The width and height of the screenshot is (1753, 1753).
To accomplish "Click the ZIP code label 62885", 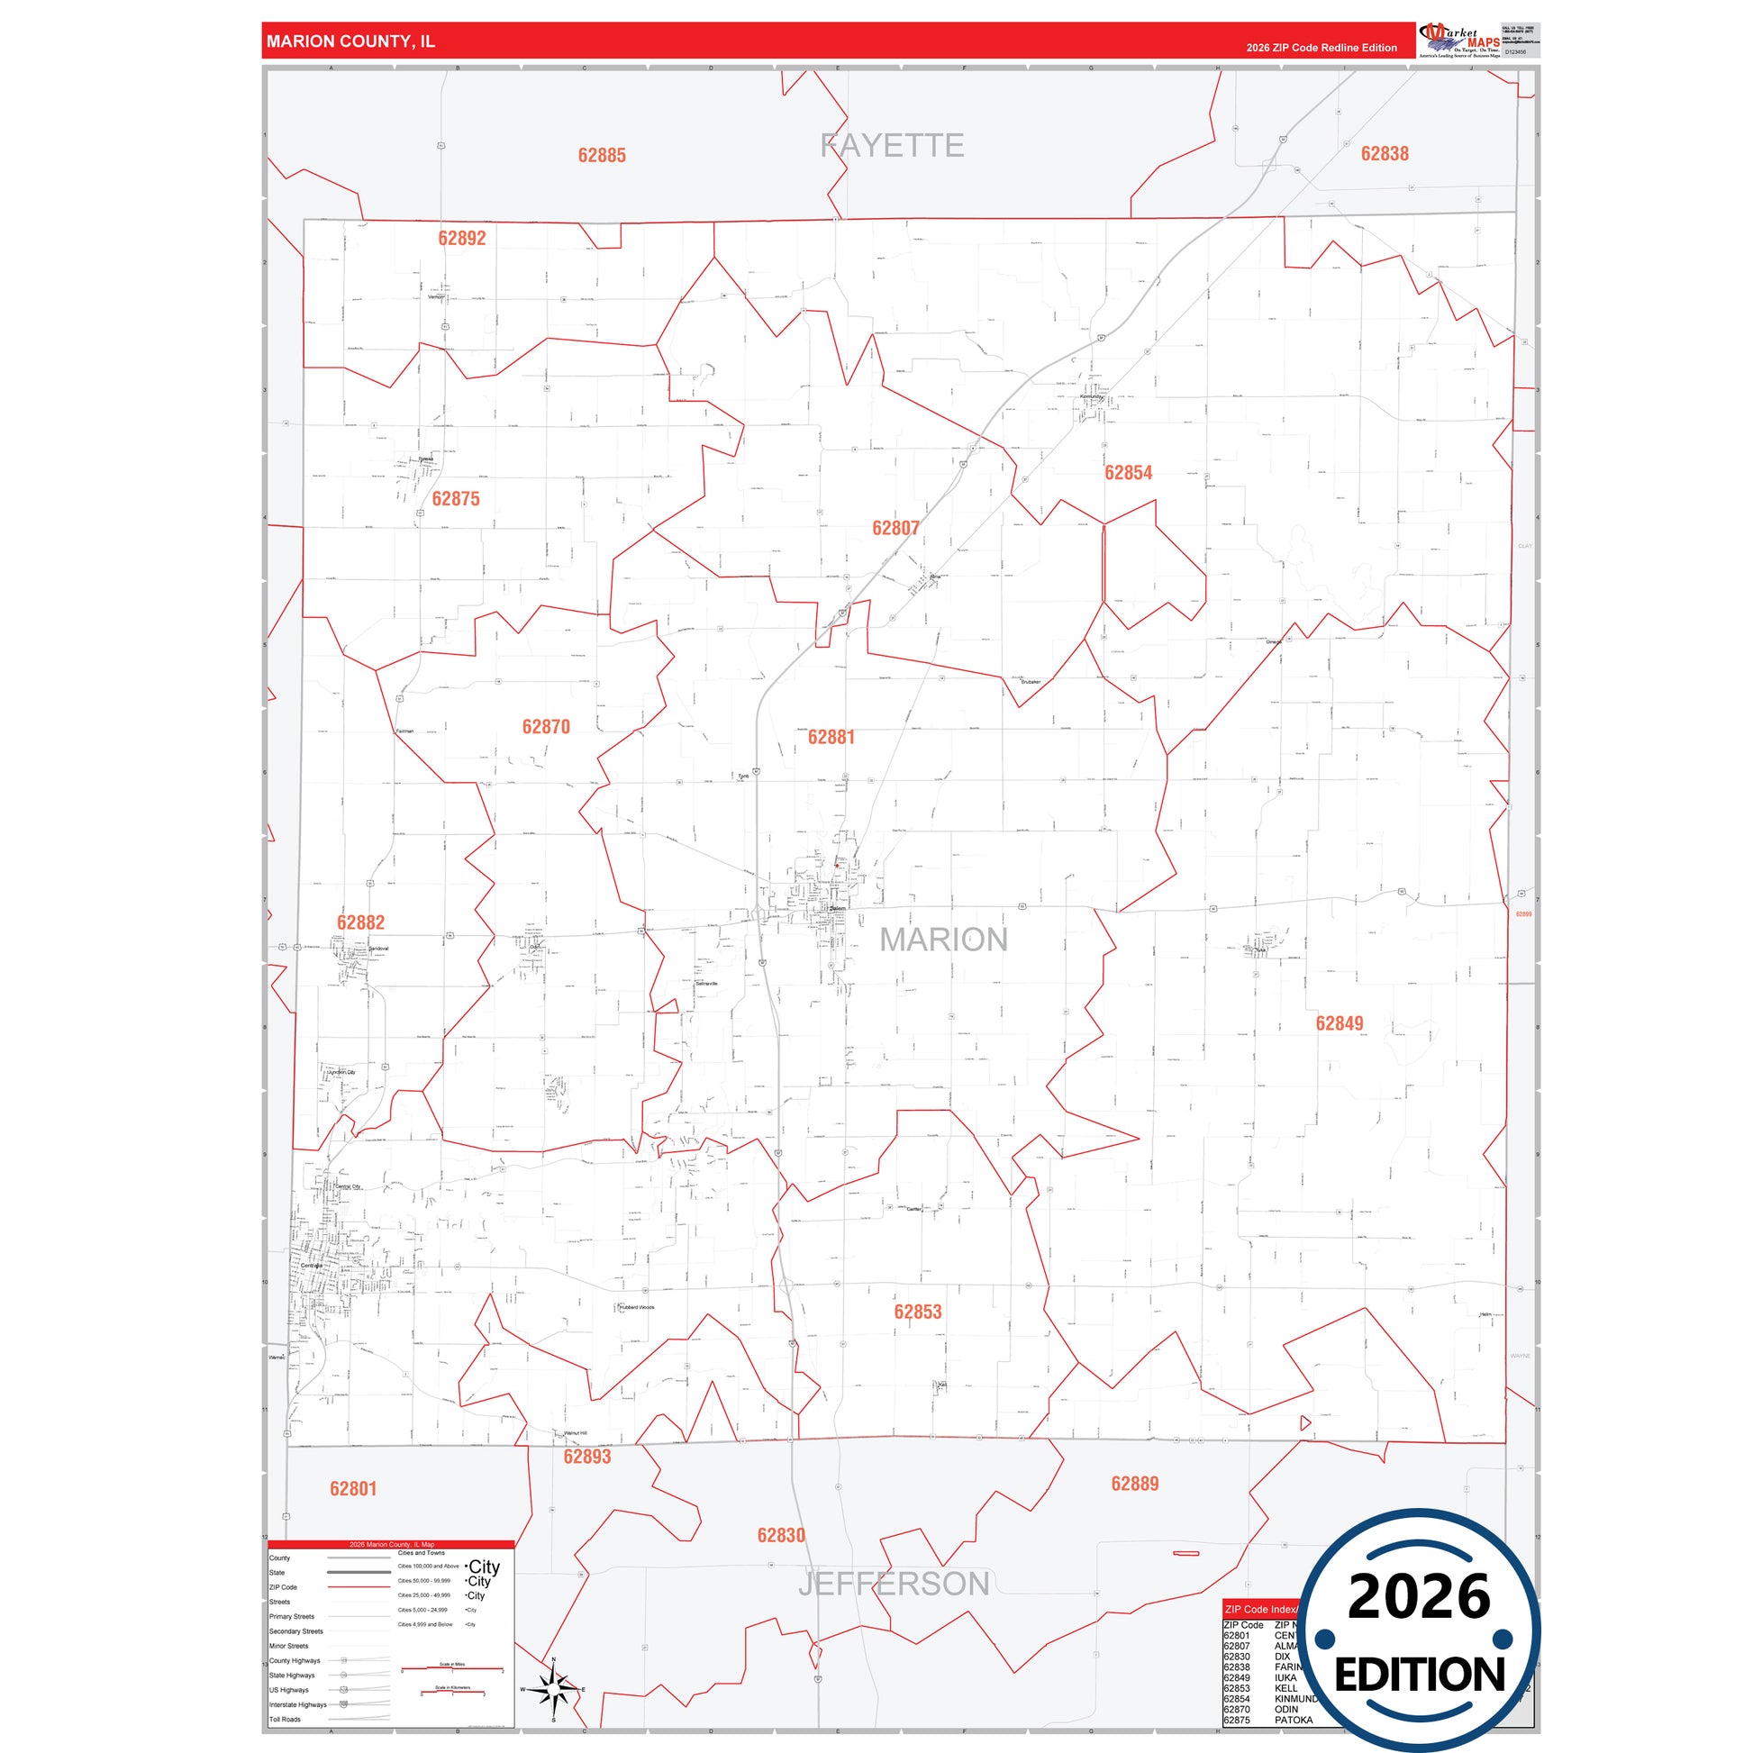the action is click(602, 155).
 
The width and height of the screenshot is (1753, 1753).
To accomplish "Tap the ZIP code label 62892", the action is click(462, 239).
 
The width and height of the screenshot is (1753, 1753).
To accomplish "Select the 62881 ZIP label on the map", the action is click(831, 737).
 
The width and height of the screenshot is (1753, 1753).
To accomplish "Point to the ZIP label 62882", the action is click(360, 922).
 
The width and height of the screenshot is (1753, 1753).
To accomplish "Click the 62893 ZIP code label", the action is click(587, 1457).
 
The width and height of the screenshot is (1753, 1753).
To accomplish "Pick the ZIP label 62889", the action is click(1134, 1484).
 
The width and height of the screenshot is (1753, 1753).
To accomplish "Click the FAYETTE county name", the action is click(892, 145).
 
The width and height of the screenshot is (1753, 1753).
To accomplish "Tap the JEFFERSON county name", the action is click(894, 1584).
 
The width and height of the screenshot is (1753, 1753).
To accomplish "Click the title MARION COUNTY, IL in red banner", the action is click(350, 41).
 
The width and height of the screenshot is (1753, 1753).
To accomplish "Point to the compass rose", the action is click(553, 1689).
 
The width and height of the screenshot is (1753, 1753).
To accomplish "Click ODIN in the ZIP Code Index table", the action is click(1286, 1710).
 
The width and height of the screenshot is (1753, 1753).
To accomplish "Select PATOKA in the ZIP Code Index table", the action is click(1293, 1721).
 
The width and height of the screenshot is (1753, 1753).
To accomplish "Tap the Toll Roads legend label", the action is click(285, 1720).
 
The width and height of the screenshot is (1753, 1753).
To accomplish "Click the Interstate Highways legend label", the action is click(297, 1705).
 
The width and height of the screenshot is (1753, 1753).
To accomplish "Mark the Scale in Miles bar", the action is click(452, 1668).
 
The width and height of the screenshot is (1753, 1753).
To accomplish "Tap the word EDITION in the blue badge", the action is click(1419, 1674).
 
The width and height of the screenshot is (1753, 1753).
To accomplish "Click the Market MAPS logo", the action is click(1459, 41).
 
